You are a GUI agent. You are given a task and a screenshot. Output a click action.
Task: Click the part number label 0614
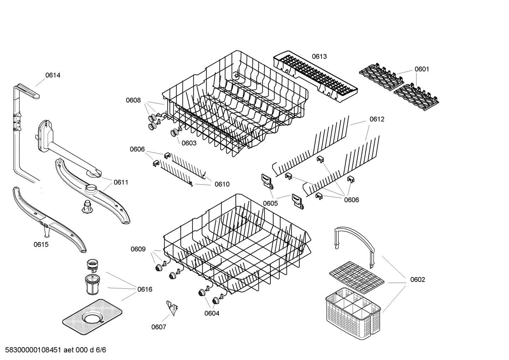[x=53, y=75]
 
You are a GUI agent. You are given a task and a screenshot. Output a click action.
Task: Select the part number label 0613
[x=319, y=56]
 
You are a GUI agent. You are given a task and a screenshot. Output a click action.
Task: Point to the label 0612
[x=377, y=119]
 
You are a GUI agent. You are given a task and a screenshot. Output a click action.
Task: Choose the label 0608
[x=133, y=100]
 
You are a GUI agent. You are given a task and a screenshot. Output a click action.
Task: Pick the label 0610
[x=222, y=184]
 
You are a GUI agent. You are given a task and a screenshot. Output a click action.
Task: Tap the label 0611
[x=121, y=182]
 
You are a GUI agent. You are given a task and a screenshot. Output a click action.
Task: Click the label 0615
[x=41, y=244]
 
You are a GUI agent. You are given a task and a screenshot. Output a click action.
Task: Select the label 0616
[x=145, y=289]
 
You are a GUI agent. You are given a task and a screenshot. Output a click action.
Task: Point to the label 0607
[x=158, y=327]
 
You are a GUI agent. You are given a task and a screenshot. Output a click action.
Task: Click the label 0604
[x=211, y=313]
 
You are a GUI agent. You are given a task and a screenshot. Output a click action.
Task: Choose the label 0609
[x=138, y=249]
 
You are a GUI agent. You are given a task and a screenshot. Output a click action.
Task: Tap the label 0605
[x=270, y=203]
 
